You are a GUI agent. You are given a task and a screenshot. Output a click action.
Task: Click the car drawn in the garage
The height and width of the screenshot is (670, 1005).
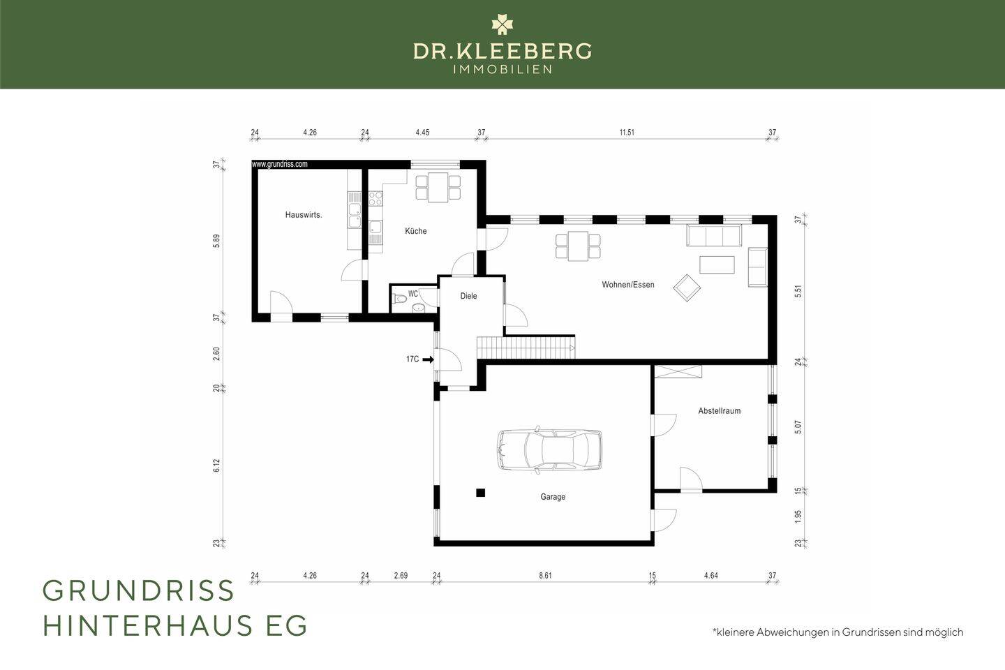click(549, 449)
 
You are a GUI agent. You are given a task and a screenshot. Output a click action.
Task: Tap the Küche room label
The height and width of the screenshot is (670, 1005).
click(416, 231)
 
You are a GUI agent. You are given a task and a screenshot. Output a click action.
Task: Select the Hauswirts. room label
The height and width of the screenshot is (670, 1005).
click(304, 215)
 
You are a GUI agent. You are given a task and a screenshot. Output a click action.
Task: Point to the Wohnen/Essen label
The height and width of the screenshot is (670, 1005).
click(628, 285)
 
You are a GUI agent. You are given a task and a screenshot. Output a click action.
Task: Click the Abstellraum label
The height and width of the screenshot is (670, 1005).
click(719, 410)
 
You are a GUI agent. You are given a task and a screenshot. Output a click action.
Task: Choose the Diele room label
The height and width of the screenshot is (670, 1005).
click(468, 296)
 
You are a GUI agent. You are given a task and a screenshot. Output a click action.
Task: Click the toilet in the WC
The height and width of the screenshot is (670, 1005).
click(399, 299)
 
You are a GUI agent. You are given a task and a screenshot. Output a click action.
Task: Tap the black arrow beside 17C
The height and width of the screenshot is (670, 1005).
click(428, 359)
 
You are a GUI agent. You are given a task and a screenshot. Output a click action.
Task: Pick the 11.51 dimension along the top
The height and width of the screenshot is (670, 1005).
click(627, 133)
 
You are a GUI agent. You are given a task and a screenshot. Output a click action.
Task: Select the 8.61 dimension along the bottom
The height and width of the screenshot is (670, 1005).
click(545, 575)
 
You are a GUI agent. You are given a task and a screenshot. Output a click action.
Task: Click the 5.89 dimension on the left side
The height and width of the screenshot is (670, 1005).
click(216, 241)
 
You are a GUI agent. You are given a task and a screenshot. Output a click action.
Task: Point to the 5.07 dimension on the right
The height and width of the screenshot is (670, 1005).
click(798, 426)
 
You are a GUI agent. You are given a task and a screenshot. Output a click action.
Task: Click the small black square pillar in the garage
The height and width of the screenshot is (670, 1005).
click(480, 493)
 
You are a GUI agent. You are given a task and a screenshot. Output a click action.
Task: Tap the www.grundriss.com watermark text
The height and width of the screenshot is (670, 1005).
click(279, 164)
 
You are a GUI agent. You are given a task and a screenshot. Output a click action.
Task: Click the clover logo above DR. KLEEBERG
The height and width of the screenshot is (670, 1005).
click(502, 24)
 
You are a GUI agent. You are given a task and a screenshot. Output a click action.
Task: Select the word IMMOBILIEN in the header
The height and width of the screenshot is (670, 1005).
click(502, 70)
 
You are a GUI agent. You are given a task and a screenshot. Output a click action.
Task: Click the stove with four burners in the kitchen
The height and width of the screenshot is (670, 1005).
click(375, 198)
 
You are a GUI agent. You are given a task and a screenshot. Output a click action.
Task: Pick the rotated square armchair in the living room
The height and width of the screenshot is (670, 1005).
click(687, 288)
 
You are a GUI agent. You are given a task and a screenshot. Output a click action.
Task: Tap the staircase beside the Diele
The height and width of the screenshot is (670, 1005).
click(526, 348)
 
